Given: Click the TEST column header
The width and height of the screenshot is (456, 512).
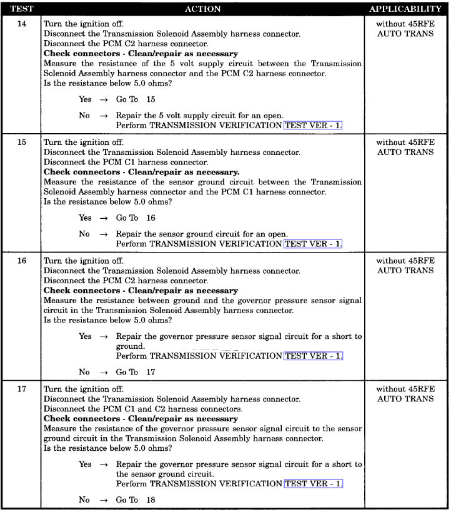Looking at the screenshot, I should [21, 9].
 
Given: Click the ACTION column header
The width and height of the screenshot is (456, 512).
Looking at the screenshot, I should [203, 9].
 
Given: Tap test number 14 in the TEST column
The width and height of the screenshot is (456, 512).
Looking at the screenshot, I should [22, 24].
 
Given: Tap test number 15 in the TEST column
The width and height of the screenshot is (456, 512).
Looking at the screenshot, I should [22, 142].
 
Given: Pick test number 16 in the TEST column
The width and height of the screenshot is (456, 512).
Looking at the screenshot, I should [22, 261].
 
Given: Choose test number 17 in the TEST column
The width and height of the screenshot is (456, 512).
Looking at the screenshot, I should [22, 389].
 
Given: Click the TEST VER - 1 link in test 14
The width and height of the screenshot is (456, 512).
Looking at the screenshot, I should [313, 125].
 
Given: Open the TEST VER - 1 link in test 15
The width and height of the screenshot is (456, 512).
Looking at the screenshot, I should [313, 244].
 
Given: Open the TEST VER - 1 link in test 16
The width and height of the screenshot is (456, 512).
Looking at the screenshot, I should [313, 356].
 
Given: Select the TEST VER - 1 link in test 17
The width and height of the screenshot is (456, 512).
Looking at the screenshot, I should [313, 484].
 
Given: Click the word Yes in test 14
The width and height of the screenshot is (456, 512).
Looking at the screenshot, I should [85, 99].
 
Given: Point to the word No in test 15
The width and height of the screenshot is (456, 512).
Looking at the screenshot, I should [84, 234].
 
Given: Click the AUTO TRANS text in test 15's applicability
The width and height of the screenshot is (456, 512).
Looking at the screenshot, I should [405, 152].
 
